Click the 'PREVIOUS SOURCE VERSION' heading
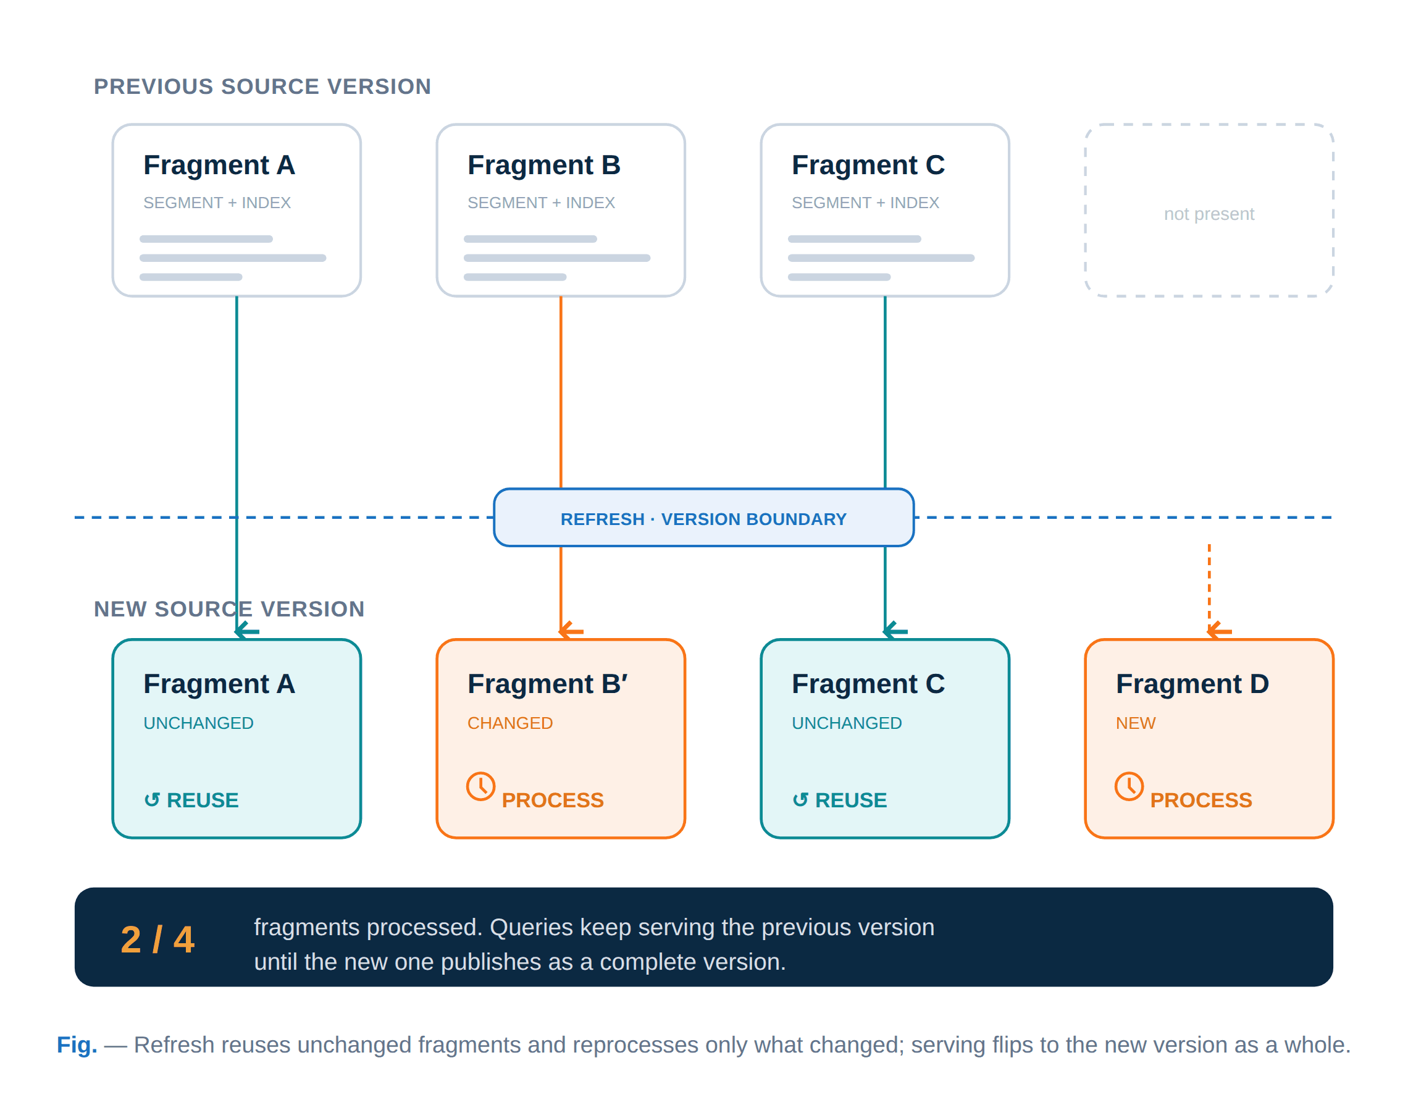pos(262,86)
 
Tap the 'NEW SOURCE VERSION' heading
pos(230,609)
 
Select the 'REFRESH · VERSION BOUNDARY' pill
pos(703,518)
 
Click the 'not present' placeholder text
pos(1209,214)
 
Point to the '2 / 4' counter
pos(158,939)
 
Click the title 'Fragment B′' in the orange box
pos(547,684)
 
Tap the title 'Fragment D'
pos(1192,684)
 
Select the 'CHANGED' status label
pos(510,723)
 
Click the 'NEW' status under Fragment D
pos(1135,723)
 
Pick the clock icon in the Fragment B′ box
pos(481,786)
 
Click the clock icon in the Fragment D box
pos(1129,786)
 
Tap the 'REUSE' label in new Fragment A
pos(203,801)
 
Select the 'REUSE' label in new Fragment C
pos(851,801)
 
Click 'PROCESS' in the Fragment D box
pos(1201,801)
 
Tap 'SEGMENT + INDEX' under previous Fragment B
pos(541,203)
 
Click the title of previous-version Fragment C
pos(868,165)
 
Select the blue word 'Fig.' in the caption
pos(77,1044)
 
